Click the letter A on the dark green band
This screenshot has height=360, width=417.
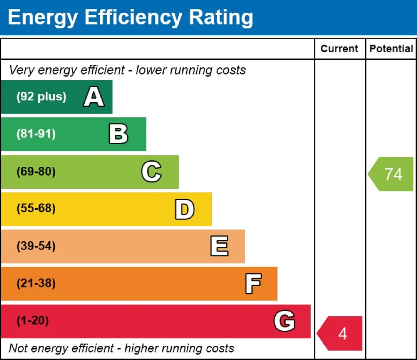(94, 97)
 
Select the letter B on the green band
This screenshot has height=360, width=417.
(118, 134)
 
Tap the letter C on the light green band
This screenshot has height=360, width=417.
(151, 172)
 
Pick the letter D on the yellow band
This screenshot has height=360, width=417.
(184, 209)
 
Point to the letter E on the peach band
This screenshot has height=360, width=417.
(219, 246)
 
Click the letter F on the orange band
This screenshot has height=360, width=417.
(253, 284)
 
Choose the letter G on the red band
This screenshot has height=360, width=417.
(284, 321)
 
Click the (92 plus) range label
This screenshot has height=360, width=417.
(41, 97)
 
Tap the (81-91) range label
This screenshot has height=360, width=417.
(36, 134)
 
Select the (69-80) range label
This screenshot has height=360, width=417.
(36, 172)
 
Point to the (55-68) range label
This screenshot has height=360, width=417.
(36, 209)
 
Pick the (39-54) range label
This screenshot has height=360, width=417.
(36, 246)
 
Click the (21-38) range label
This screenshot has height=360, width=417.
(36, 284)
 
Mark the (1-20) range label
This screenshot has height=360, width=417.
(32, 321)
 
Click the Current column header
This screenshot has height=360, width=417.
(339, 49)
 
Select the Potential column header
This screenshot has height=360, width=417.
(391, 49)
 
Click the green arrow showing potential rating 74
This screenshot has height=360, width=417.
(391, 174)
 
